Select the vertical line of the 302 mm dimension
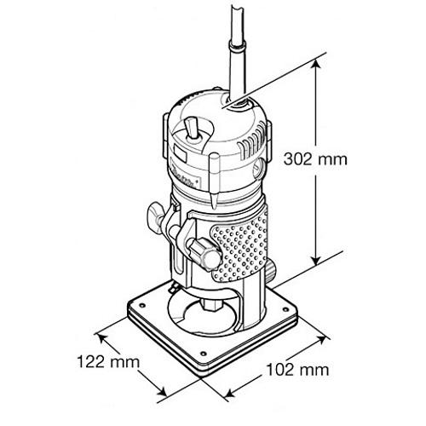point(319,162)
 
